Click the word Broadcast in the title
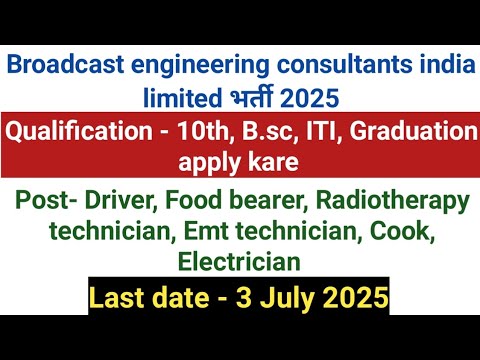[x=57, y=66]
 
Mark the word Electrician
[x=239, y=263]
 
